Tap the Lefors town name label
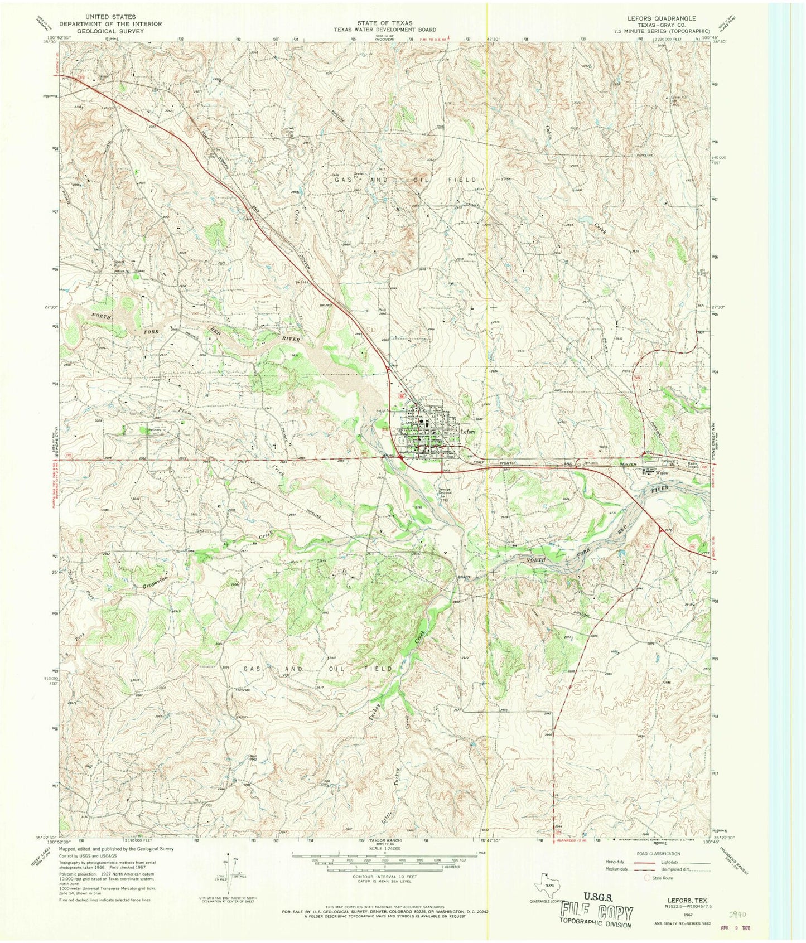click(467, 431)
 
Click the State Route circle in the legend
click(647, 877)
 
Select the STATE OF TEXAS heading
click(385, 23)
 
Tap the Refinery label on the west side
click(154, 431)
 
